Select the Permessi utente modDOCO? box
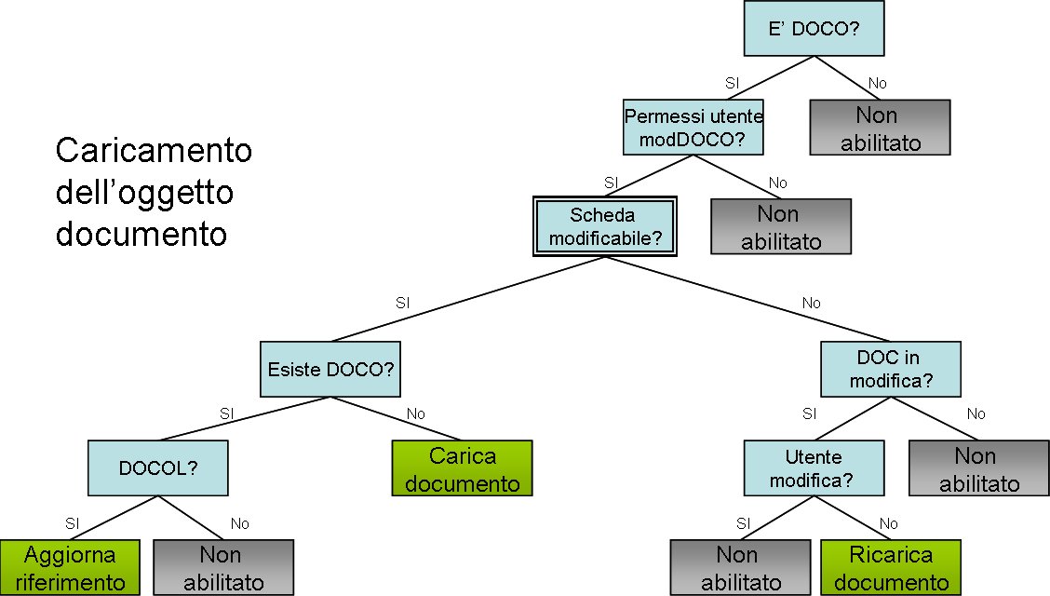693,129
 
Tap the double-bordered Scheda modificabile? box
605,226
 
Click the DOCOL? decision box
158,467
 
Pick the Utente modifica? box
813,468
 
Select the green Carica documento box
462,469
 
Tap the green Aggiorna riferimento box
71,568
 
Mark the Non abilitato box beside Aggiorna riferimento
222,568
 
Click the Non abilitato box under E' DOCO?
880,128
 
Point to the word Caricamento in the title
154,150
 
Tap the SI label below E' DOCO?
732,83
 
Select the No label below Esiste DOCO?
415,413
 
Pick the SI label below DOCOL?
72,523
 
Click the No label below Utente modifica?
888,523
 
